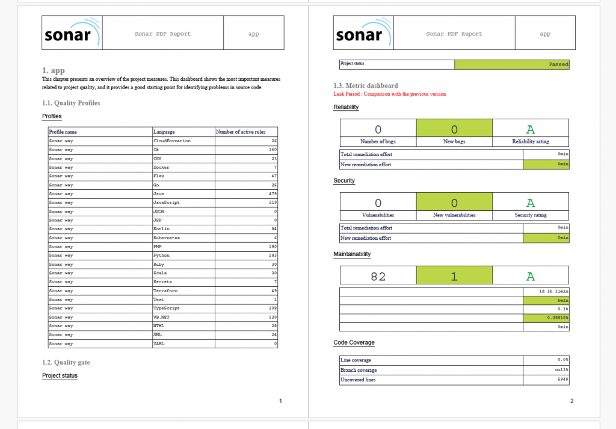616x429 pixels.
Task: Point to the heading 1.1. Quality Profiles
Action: [71, 103]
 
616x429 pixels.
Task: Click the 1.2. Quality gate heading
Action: [67, 363]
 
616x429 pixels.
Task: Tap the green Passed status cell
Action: [511, 64]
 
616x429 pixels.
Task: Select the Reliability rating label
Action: [530, 142]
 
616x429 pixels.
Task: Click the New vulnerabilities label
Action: [454, 215]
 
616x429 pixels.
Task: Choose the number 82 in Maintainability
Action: [378, 277]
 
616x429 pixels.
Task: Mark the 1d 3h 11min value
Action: [553, 292]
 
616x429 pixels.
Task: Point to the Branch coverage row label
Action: [359, 370]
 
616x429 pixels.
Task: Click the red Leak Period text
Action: [389, 94]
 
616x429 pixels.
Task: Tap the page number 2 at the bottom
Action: [571, 401]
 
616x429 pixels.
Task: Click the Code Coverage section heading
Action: [354, 343]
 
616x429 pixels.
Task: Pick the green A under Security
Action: [530, 202]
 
